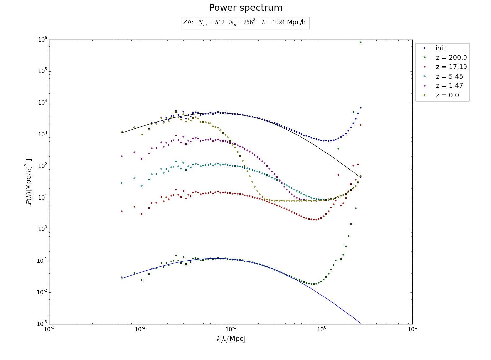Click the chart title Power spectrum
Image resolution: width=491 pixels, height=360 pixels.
(245, 8)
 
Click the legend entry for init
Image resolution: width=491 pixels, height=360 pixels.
(440, 48)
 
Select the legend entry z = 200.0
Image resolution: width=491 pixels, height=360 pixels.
(451, 58)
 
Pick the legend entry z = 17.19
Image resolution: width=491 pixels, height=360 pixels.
(451, 67)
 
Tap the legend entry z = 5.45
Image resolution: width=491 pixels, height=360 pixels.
(449, 76)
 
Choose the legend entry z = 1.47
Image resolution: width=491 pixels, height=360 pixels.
(449, 86)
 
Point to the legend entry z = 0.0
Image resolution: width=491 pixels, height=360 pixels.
(447, 95)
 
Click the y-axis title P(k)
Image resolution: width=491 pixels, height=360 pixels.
(29, 182)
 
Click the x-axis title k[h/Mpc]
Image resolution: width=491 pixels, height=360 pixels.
(230, 339)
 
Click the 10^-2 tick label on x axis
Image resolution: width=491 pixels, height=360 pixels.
(140, 329)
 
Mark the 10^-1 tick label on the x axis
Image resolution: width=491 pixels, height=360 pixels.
(231, 329)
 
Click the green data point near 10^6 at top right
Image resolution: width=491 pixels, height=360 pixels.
(360, 42)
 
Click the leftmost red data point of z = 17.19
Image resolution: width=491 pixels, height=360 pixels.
(122, 211)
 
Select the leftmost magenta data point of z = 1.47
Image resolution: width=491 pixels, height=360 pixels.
(122, 156)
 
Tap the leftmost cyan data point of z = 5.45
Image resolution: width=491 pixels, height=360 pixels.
(122, 183)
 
